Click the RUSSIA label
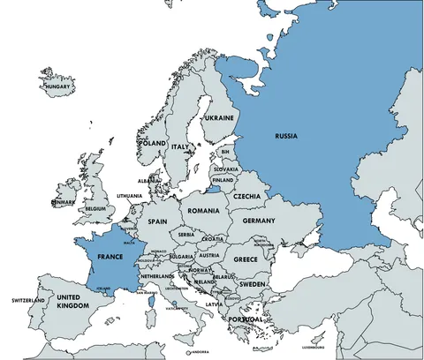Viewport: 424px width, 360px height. (x=286, y=136)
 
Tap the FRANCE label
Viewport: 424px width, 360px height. (x=109, y=256)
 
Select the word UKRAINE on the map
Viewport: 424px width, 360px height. (x=218, y=117)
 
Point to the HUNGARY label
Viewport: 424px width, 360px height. (x=59, y=86)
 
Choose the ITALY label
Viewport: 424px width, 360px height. (x=180, y=146)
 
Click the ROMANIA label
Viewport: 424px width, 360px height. (x=202, y=211)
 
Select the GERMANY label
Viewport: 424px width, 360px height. (x=259, y=221)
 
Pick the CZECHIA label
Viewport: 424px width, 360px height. (x=246, y=196)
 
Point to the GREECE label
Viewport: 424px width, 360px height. (x=246, y=259)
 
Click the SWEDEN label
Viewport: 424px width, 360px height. (x=252, y=285)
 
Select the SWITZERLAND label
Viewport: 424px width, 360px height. (x=28, y=301)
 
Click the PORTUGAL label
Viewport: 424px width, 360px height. (x=246, y=319)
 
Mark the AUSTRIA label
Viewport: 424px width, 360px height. (x=209, y=255)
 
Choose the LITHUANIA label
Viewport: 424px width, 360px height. (x=129, y=196)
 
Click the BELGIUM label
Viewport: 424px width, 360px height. (x=95, y=209)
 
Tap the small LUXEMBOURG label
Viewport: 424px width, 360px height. (x=314, y=348)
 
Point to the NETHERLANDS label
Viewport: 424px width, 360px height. (x=156, y=276)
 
